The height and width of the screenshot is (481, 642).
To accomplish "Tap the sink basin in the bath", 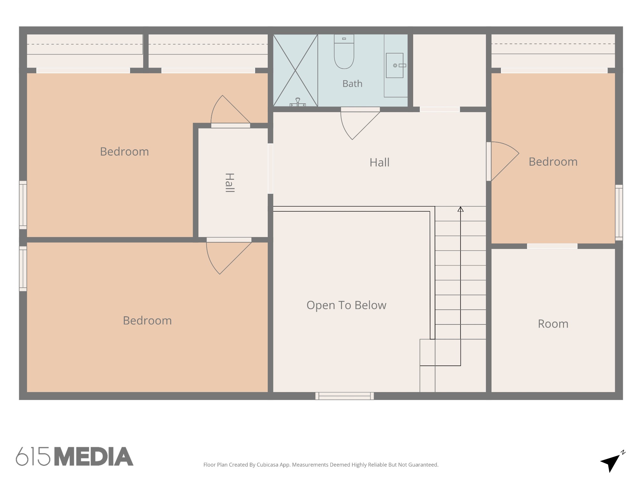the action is tap(394, 65).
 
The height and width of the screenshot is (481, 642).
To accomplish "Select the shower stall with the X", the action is tap(295, 70).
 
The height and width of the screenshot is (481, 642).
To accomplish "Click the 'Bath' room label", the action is tap(352, 84).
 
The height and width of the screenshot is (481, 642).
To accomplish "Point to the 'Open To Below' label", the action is tap(346, 305).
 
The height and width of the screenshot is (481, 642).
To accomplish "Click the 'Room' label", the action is tap(553, 324).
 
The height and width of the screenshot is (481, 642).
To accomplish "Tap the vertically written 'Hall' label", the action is tap(230, 183).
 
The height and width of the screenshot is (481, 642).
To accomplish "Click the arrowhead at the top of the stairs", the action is tap(460, 209).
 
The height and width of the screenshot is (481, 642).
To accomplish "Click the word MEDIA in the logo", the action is tap(94, 456).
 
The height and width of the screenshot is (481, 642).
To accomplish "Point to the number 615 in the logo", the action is tap(33, 456).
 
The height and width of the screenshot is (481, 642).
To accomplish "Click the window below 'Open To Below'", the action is tap(345, 396).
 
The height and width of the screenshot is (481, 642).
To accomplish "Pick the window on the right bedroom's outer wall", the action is tap(619, 213).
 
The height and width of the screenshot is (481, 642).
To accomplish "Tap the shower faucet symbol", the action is tap(297, 102).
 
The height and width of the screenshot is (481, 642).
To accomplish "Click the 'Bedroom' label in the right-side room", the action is tap(553, 162).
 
